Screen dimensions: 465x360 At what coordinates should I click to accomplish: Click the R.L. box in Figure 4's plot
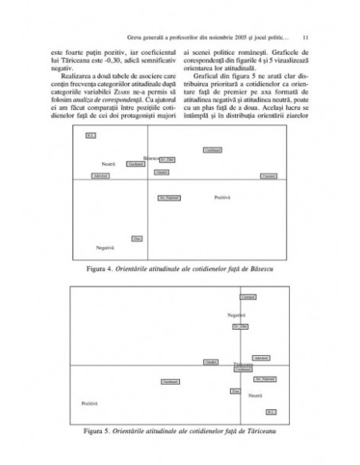pos(90,136)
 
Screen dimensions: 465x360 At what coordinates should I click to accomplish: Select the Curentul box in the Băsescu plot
pos(269,175)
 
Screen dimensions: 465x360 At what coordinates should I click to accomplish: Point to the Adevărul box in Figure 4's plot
pos(100,174)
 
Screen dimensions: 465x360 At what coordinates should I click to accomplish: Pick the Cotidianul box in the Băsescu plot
pos(212,150)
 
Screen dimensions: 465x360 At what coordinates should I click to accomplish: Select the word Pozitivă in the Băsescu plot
pos(222,197)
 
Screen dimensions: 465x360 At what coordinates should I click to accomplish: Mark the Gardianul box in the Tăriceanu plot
pos(169,382)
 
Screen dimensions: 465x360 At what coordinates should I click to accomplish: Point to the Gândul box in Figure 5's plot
pos(211,362)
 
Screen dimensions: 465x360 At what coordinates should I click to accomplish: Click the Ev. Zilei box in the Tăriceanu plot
pos(241,327)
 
